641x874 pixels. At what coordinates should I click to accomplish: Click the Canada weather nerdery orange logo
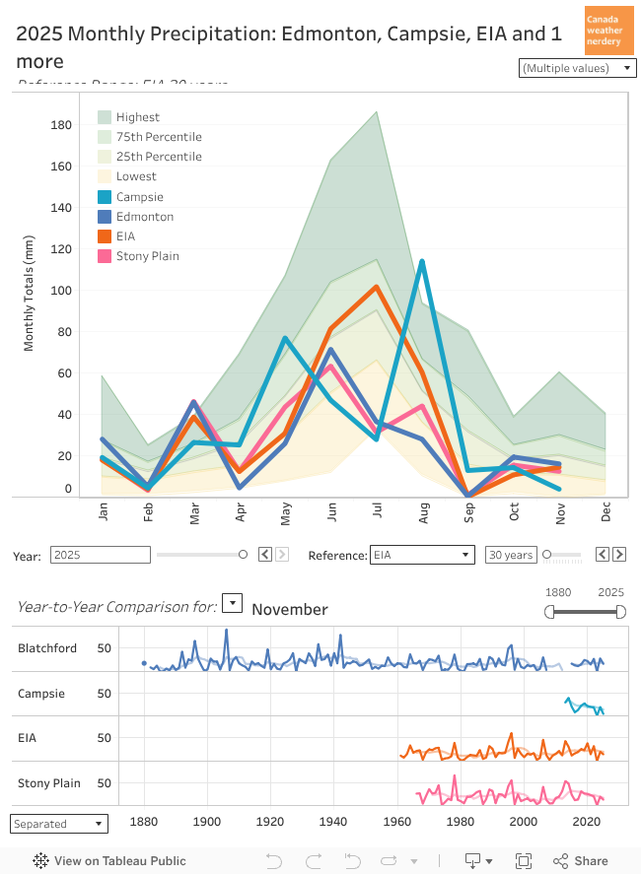coord(607,31)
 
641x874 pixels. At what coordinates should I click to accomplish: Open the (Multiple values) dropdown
coord(578,68)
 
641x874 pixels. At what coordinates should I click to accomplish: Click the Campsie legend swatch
coord(105,197)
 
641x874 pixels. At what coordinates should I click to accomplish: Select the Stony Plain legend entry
coord(147,256)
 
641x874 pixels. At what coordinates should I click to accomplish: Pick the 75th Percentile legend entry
coord(158,137)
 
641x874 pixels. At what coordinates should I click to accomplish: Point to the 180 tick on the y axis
coord(61,125)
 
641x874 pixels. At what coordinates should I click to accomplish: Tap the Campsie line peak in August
coord(422,261)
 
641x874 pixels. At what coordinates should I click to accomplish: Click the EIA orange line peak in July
coord(376,287)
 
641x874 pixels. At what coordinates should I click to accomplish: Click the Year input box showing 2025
coord(101,555)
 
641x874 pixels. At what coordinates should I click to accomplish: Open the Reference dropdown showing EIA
coord(422,555)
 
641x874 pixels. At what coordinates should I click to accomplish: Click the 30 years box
coord(511,555)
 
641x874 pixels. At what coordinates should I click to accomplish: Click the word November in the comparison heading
coord(290,609)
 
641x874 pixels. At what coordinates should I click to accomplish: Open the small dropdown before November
coord(232,602)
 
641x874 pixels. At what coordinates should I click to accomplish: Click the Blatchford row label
coord(46,648)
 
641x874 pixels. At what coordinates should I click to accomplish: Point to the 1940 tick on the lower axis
coord(333,821)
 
